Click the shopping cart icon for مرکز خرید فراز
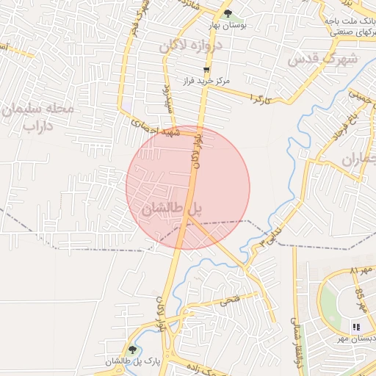[x=206, y=70]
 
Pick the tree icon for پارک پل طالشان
[x=132, y=350]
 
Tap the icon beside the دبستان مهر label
[x=356, y=328]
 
